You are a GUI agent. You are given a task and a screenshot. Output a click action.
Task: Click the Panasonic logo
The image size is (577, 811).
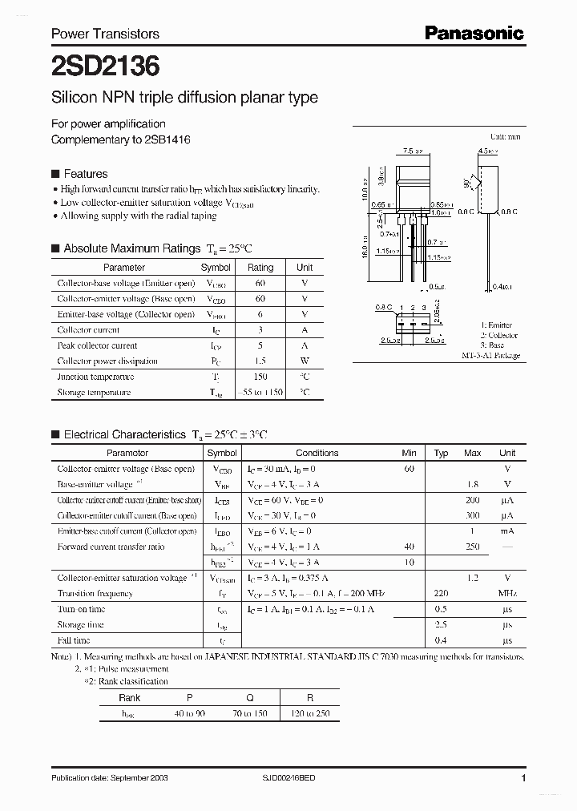[x=474, y=33]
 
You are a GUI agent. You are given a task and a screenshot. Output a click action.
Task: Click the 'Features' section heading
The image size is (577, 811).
[x=85, y=174]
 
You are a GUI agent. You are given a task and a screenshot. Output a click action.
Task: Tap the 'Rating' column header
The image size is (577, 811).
[x=260, y=268]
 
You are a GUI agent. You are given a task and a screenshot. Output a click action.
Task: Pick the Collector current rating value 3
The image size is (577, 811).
[x=260, y=330]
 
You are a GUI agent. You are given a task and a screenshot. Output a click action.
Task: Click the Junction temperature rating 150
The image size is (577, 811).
[x=260, y=377]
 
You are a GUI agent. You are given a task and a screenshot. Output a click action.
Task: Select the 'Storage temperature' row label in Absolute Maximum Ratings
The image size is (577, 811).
[x=94, y=393]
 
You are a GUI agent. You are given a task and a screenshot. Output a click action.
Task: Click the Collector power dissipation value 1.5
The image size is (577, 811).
[x=260, y=361]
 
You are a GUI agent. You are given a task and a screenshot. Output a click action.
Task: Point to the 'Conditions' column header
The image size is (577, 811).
[x=317, y=453]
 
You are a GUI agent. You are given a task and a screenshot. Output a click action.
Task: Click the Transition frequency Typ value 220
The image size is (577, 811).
[x=441, y=594]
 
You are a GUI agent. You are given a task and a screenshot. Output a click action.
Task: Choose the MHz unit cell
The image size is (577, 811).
[x=506, y=594]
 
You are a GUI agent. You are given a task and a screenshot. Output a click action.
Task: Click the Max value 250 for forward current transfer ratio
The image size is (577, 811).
[x=473, y=547]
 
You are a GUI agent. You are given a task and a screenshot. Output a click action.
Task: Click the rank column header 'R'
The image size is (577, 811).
[x=309, y=698]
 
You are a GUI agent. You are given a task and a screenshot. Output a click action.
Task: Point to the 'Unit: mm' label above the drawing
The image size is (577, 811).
[x=505, y=137]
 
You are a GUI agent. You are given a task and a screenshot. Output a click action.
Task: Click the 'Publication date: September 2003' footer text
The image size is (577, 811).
[x=110, y=778]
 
